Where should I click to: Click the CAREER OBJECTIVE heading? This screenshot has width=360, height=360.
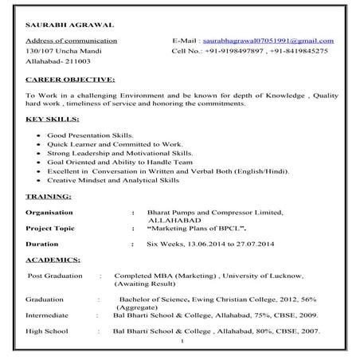(70, 80)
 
